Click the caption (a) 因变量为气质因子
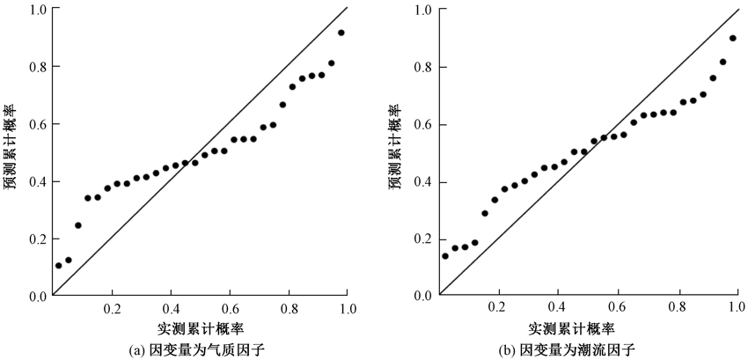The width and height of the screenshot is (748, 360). tap(197, 350)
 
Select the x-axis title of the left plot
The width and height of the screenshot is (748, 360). tap(200, 329)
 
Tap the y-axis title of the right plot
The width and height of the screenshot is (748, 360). tap(399, 151)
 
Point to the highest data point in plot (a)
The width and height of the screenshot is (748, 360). tap(341, 33)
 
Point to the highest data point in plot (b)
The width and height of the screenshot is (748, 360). tap(733, 38)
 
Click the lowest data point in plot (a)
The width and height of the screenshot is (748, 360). tap(59, 265)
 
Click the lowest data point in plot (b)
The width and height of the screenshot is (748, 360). tap(445, 255)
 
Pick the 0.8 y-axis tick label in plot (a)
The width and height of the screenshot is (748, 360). tap(38, 67)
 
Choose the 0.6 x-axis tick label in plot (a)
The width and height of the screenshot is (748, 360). tap(231, 310)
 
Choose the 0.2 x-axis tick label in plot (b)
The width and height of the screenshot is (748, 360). tap(499, 310)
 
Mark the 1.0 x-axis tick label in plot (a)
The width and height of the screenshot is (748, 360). tap(348, 310)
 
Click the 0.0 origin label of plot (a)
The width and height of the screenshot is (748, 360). tap(38, 296)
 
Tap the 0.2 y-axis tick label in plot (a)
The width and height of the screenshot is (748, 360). tap(38, 239)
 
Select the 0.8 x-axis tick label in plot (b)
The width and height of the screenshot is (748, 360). tap(678, 310)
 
